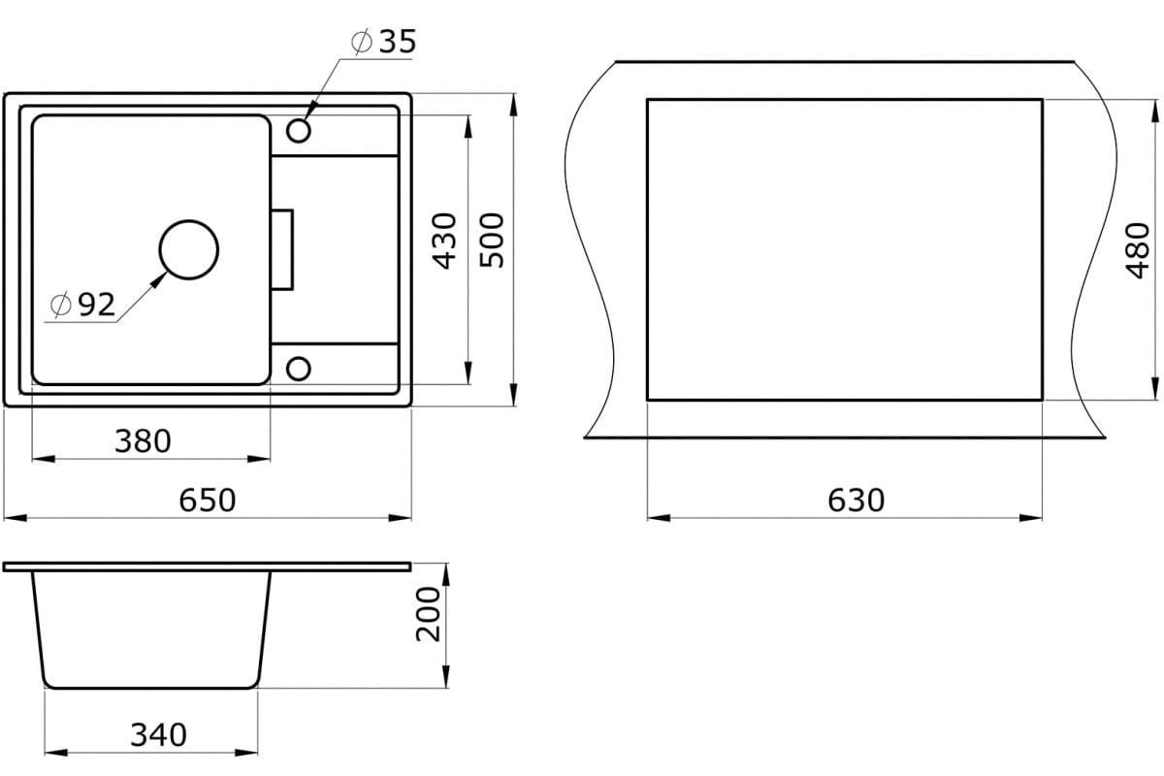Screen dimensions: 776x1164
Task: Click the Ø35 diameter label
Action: pos(382,42)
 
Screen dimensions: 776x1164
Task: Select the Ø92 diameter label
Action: pos(83,306)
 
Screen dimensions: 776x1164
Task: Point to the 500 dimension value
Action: pos(493,240)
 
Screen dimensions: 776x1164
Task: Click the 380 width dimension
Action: pos(143,441)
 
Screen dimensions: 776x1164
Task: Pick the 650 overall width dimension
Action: pos(208,501)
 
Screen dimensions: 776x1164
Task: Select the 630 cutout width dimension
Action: pos(857,501)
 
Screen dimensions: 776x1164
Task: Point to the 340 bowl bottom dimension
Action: pos(158,735)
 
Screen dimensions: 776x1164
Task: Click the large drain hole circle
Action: pos(188,249)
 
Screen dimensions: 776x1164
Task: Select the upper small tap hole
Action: pos(299,130)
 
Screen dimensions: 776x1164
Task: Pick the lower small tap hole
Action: pos(299,368)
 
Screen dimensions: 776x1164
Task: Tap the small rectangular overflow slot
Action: pos(282,249)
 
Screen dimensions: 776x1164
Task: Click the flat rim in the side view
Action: pos(207,566)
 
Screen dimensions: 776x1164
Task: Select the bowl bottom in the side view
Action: pos(152,686)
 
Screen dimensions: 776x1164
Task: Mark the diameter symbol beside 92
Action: pos(59,306)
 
